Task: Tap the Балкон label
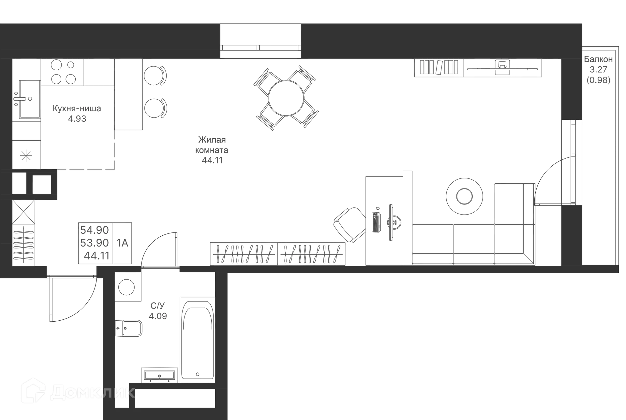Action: [598, 59]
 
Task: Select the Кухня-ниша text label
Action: [77, 108]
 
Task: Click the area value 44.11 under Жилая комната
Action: [212, 160]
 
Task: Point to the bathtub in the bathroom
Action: [197, 339]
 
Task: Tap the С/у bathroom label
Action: [158, 306]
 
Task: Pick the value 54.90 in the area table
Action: [95, 230]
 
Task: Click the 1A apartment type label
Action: [123, 243]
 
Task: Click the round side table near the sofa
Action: [464, 196]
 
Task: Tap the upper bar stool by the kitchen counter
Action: [156, 76]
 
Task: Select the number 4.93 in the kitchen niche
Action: [77, 119]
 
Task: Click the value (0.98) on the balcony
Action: [598, 80]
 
